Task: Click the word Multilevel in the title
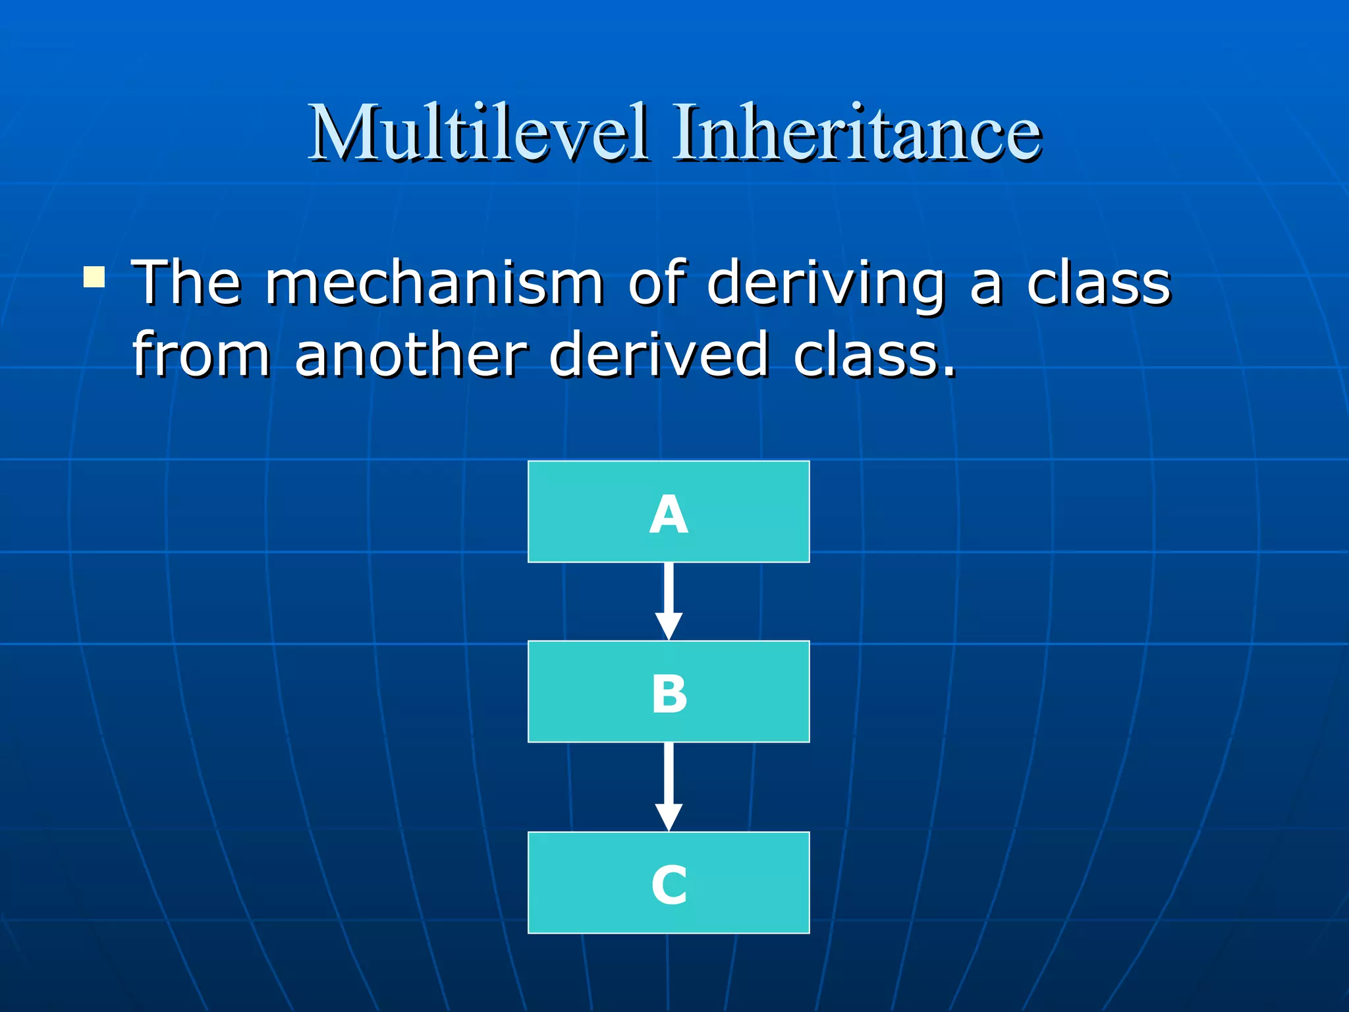(479, 134)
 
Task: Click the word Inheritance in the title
(856, 134)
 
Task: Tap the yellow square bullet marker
(94, 277)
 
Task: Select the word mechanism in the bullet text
(435, 283)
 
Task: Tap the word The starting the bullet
(186, 283)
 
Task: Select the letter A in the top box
(669, 515)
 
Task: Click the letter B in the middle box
(669, 694)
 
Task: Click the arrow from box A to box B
(669, 590)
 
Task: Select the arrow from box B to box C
(669, 774)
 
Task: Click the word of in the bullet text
(656, 283)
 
